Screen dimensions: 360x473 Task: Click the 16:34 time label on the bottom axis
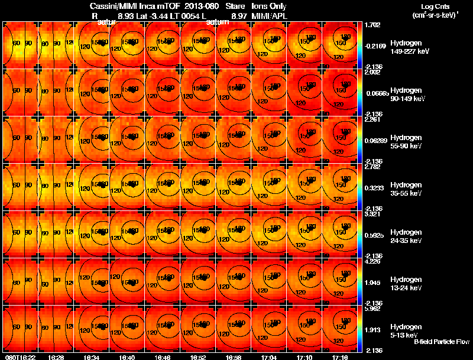click(x=92, y=357)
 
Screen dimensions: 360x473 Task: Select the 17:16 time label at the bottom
click(x=340, y=357)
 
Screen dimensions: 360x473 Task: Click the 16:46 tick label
click(x=163, y=357)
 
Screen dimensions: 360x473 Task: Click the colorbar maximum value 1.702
click(x=373, y=25)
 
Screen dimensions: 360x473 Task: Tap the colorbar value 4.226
click(x=373, y=261)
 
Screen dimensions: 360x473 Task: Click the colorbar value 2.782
click(x=373, y=167)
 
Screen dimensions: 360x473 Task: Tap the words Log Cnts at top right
click(x=432, y=6)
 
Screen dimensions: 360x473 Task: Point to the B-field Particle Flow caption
click(x=441, y=342)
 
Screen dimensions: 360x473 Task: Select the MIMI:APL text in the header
click(x=270, y=17)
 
